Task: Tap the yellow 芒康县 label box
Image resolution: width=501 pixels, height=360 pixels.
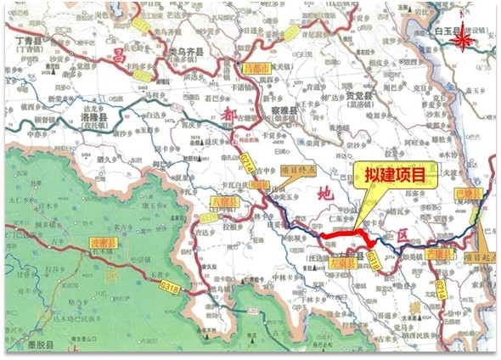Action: [437, 253]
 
